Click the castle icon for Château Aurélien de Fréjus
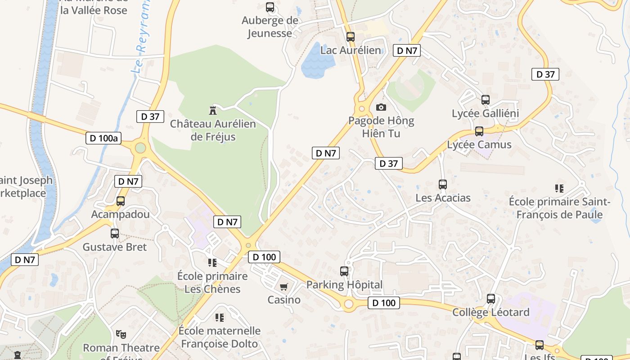coord(213,110)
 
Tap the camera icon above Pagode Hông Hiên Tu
coord(381,107)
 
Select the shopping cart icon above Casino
coord(283,287)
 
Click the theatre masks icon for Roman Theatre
coord(121,334)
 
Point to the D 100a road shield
coord(104,138)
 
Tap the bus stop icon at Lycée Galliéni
coord(485,100)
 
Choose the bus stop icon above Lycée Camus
coord(479,131)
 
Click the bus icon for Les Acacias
coord(443,184)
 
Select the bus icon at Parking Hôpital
coord(344,271)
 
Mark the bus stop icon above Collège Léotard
coord(491,299)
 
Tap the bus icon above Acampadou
coord(121,201)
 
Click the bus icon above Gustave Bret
coord(115,234)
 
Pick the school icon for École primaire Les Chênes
coord(212,262)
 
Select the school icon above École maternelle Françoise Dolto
coord(220,318)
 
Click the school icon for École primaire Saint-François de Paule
coord(559,188)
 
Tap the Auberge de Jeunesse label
coord(270,27)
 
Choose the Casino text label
coord(284,300)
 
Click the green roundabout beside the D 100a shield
coord(140,148)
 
